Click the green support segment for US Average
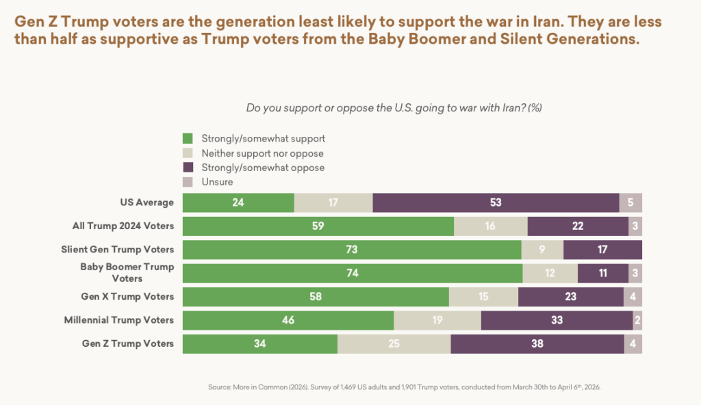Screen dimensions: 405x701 [x=238, y=202]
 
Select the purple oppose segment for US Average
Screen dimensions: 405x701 [x=496, y=202]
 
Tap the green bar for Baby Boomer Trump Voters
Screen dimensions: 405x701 [x=353, y=273]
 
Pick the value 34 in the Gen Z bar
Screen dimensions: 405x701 [x=259, y=343]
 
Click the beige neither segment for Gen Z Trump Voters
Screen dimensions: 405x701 [x=394, y=343]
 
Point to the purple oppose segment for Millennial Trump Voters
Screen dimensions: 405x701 [x=557, y=320]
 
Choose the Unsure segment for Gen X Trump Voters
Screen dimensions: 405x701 [x=633, y=296]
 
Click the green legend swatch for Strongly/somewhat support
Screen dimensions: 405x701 [x=188, y=138]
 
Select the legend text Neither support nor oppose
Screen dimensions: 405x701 [x=262, y=153]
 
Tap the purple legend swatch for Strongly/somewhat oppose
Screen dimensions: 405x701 [x=188, y=168]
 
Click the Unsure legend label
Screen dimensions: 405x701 [x=217, y=182]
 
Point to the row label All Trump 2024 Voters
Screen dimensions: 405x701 [x=123, y=226]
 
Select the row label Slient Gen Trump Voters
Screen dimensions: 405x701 [x=117, y=249]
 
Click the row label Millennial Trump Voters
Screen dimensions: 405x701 [x=118, y=319]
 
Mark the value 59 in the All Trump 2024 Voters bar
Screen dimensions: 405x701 [x=318, y=226]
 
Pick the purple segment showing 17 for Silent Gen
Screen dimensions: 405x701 [x=602, y=250]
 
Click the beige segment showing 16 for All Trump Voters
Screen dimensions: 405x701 [x=490, y=226]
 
